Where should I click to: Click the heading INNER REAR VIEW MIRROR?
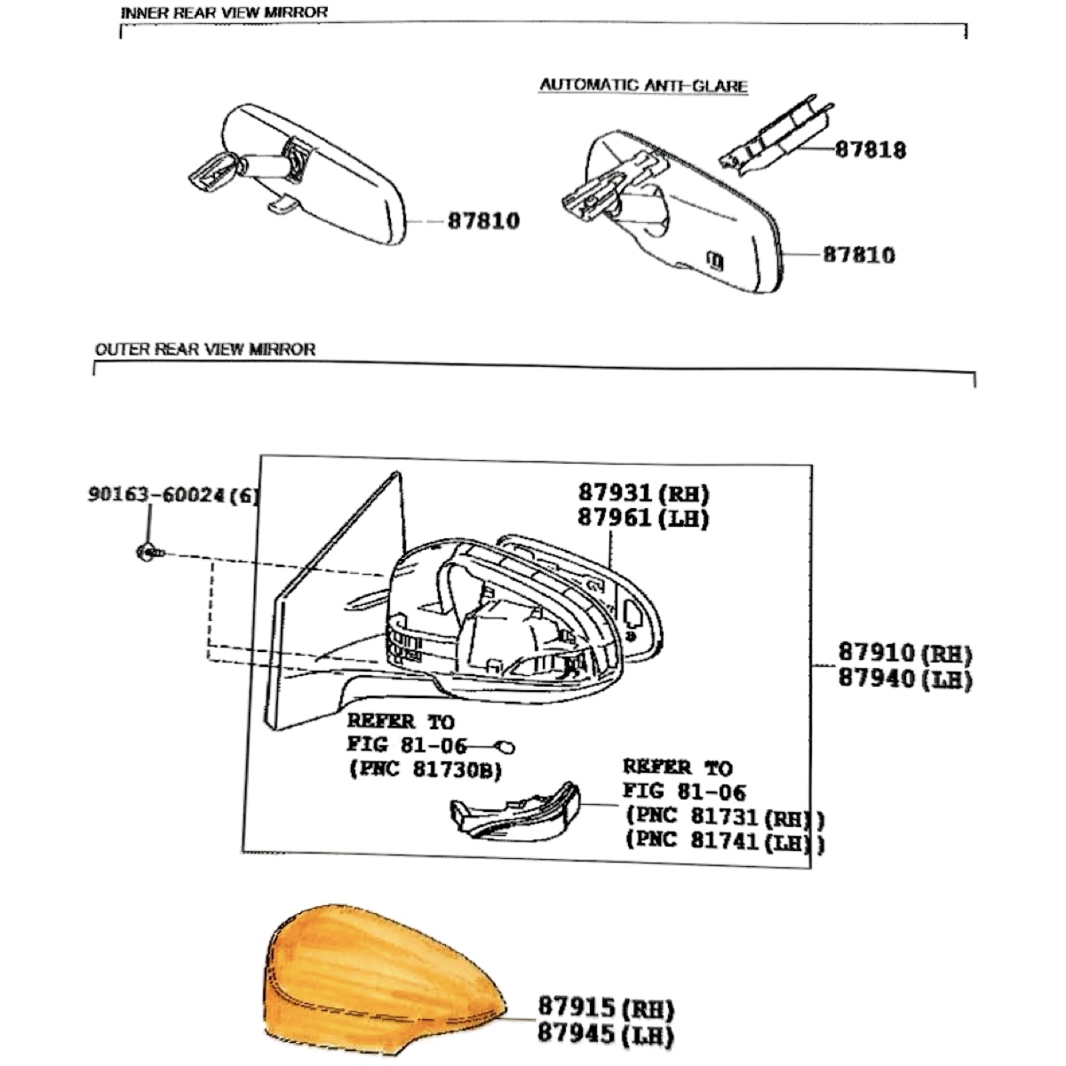[224, 12]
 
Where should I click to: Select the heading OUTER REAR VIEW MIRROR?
[205, 349]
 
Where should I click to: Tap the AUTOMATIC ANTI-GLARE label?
[644, 85]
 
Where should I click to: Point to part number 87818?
[871, 149]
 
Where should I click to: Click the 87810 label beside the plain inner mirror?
[483, 220]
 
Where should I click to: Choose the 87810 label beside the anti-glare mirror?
[859, 255]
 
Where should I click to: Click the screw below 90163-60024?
[149, 552]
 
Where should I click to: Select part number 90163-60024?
[172, 495]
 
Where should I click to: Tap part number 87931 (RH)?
[643, 492]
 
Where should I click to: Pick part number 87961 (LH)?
[643, 518]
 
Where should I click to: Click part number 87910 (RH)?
[905, 653]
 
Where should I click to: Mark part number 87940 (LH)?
[905, 678]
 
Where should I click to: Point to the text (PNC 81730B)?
[426, 769]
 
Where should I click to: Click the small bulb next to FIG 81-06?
[505, 747]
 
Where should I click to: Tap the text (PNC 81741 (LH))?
[725, 841]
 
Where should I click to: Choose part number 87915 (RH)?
[606, 1008]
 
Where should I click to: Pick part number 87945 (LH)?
[606, 1033]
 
